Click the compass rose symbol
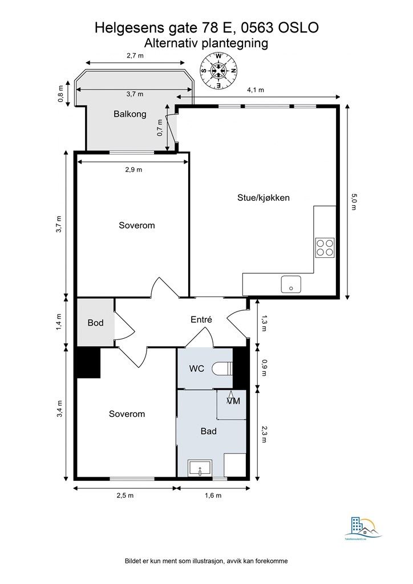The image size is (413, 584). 218,71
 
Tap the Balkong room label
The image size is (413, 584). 130,114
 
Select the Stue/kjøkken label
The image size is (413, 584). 264,197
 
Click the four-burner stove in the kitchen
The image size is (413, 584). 325,248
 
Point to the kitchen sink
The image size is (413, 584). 291,285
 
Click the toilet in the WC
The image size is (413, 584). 222,369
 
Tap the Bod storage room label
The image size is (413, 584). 95,323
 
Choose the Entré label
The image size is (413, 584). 201,319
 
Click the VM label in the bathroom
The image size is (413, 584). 233,401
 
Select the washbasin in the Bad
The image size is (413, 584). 200,469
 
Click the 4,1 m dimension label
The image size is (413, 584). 256,90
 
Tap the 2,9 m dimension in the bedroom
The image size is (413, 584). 133,169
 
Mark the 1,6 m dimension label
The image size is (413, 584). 213,496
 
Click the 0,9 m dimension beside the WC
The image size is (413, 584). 265,368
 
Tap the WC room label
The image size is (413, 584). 197,369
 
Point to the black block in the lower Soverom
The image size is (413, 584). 88,363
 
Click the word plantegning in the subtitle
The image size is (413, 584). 234,43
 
